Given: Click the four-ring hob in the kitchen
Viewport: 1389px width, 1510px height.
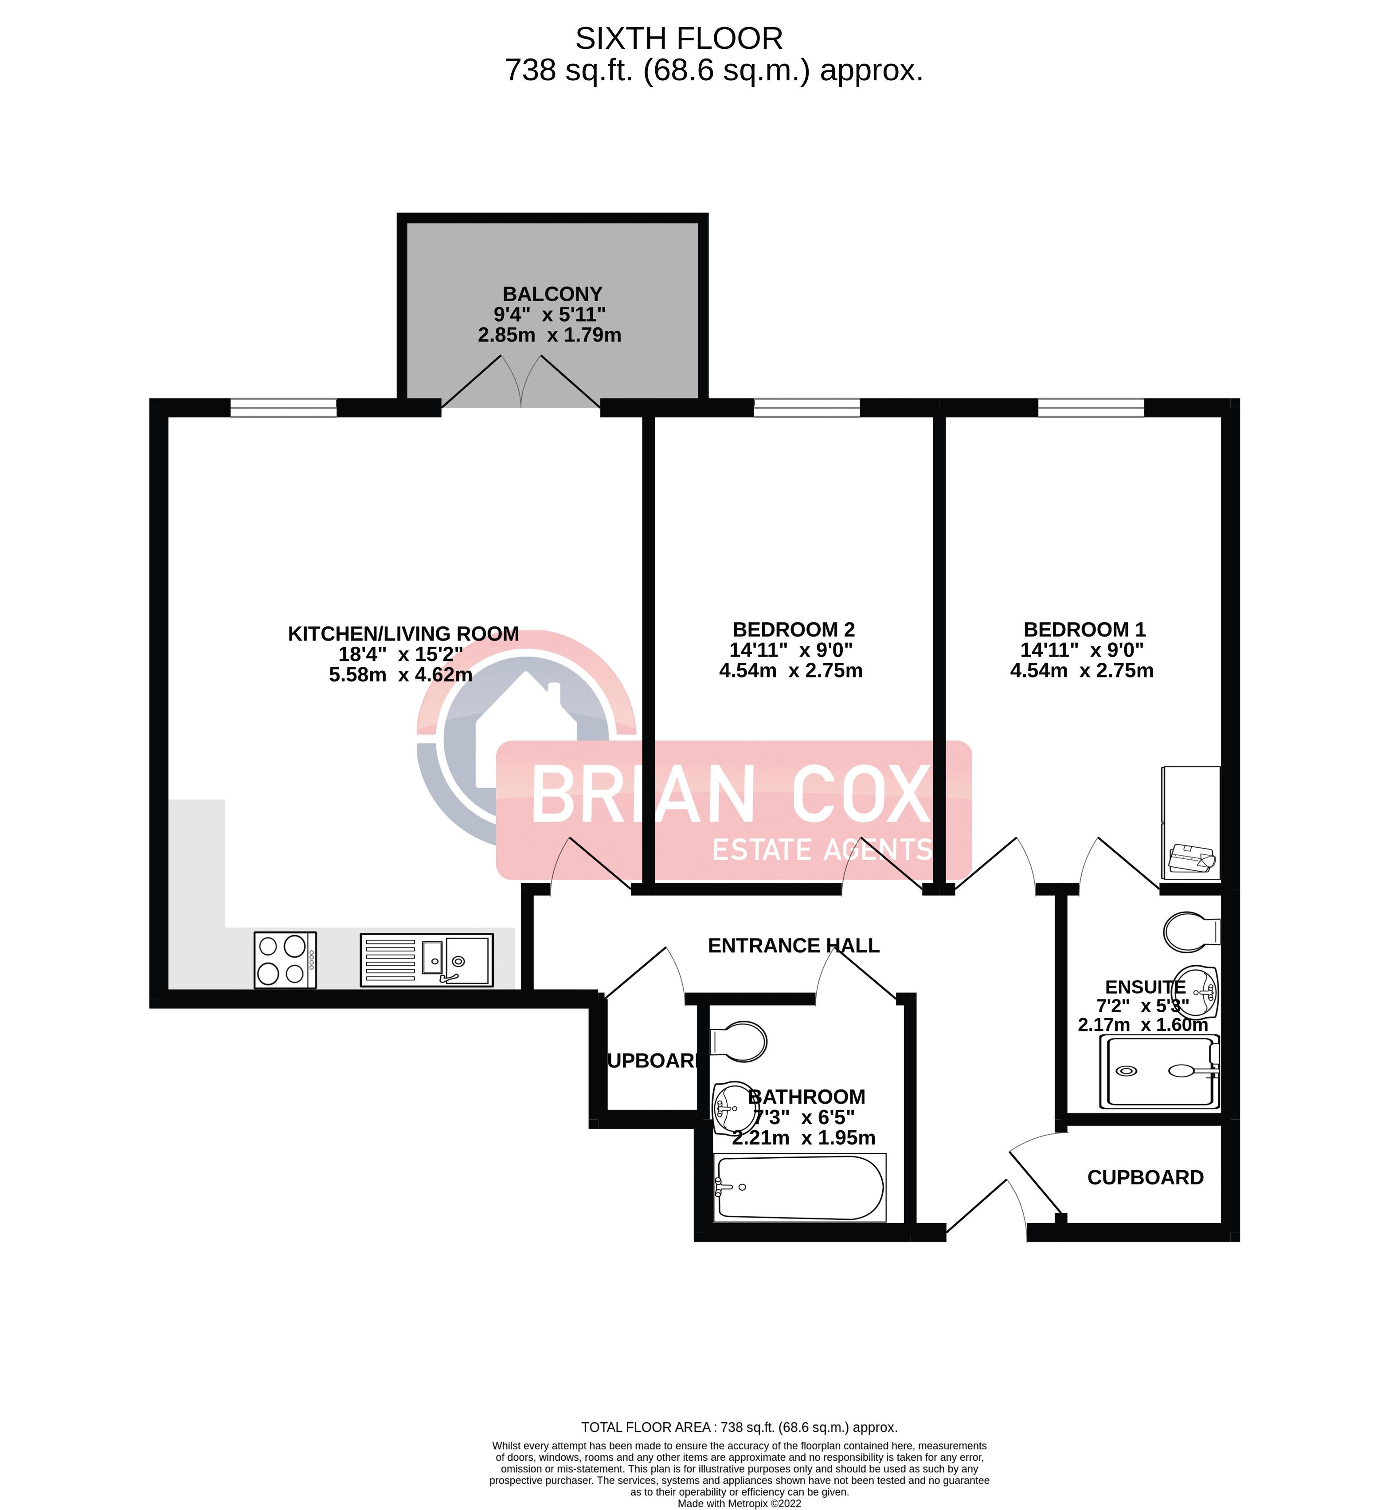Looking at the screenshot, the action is coord(286,960).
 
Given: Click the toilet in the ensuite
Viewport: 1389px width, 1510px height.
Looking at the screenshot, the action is coord(1191,932).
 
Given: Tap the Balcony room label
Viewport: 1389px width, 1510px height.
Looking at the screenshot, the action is coord(552,294).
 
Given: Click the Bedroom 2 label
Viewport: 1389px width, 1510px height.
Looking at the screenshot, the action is coord(794,629).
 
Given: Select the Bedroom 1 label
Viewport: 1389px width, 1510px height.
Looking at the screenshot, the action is coord(1084,629).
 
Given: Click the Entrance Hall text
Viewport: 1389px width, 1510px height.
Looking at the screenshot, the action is coord(794,945).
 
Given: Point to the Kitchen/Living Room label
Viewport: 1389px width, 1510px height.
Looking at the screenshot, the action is coord(403,634).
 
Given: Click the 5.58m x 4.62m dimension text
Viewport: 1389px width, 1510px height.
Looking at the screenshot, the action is coord(401,675).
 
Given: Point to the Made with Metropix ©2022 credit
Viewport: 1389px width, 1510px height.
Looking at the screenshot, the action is coord(739,1503).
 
